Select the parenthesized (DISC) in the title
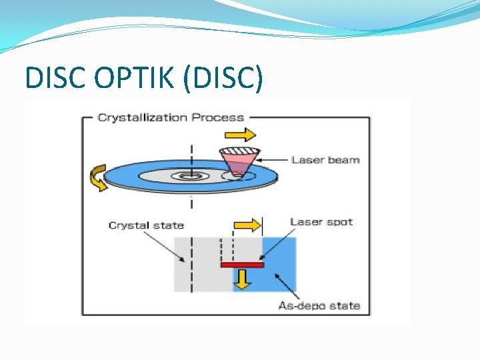point(223,79)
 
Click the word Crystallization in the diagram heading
point(142,117)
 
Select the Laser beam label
point(325,160)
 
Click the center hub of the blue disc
point(191,176)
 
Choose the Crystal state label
point(146,225)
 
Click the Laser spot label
point(321,222)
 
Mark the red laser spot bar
point(242,265)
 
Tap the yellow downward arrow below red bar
point(242,279)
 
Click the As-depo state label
point(319,306)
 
